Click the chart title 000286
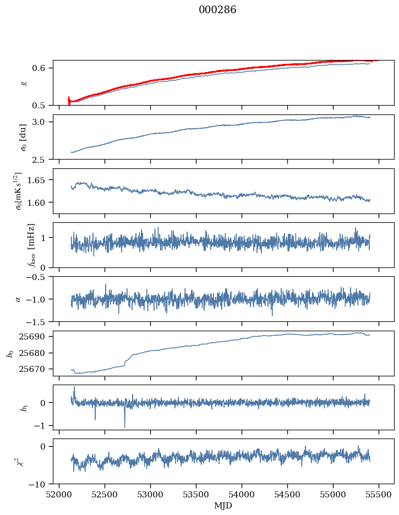coord(217,10)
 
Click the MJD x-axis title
coord(223,506)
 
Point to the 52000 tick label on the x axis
coord(59,495)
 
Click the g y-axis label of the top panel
coord(23,83)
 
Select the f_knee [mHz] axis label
coord(31,245)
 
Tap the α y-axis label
coord(18,299)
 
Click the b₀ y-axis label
coord(9,353)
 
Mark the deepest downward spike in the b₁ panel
coord(124,427)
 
